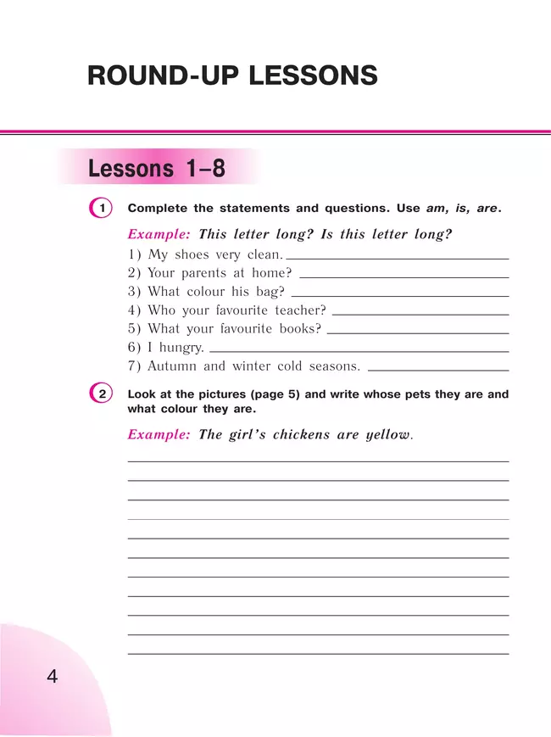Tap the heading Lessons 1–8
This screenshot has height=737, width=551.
tap(157, 169)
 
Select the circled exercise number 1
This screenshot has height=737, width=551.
tap(100, 208)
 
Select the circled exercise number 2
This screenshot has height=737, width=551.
tap(100, 394)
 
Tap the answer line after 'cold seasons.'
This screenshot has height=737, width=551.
tap(438, 370)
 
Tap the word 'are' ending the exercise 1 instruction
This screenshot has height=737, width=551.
tap(487, 208)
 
